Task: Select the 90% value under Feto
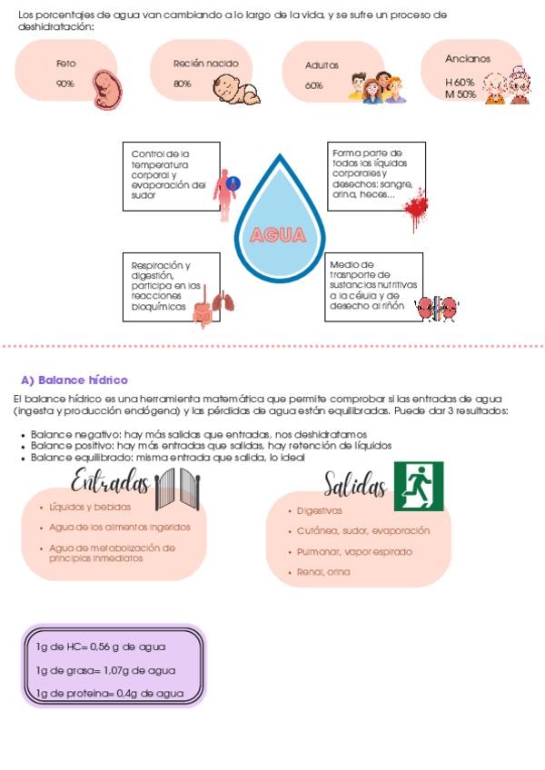tap(64, 84)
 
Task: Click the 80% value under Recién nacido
tap(183, 84)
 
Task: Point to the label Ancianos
tap(468, 58)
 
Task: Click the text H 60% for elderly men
tap(460, 83)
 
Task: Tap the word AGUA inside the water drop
tap(278, 235)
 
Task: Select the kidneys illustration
tap(437, 309)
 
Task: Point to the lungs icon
tap(224, 301)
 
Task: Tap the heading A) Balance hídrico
tap(74, 380)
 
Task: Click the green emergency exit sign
tap(419, 486)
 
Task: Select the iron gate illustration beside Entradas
tap(177, 489)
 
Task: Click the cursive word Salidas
tap(355, 484)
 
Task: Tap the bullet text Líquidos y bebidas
tap(90, 507)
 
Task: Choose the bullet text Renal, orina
tap(323, 572)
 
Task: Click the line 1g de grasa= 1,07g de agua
tap(105, 670)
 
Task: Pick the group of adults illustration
tap(378, 87)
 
